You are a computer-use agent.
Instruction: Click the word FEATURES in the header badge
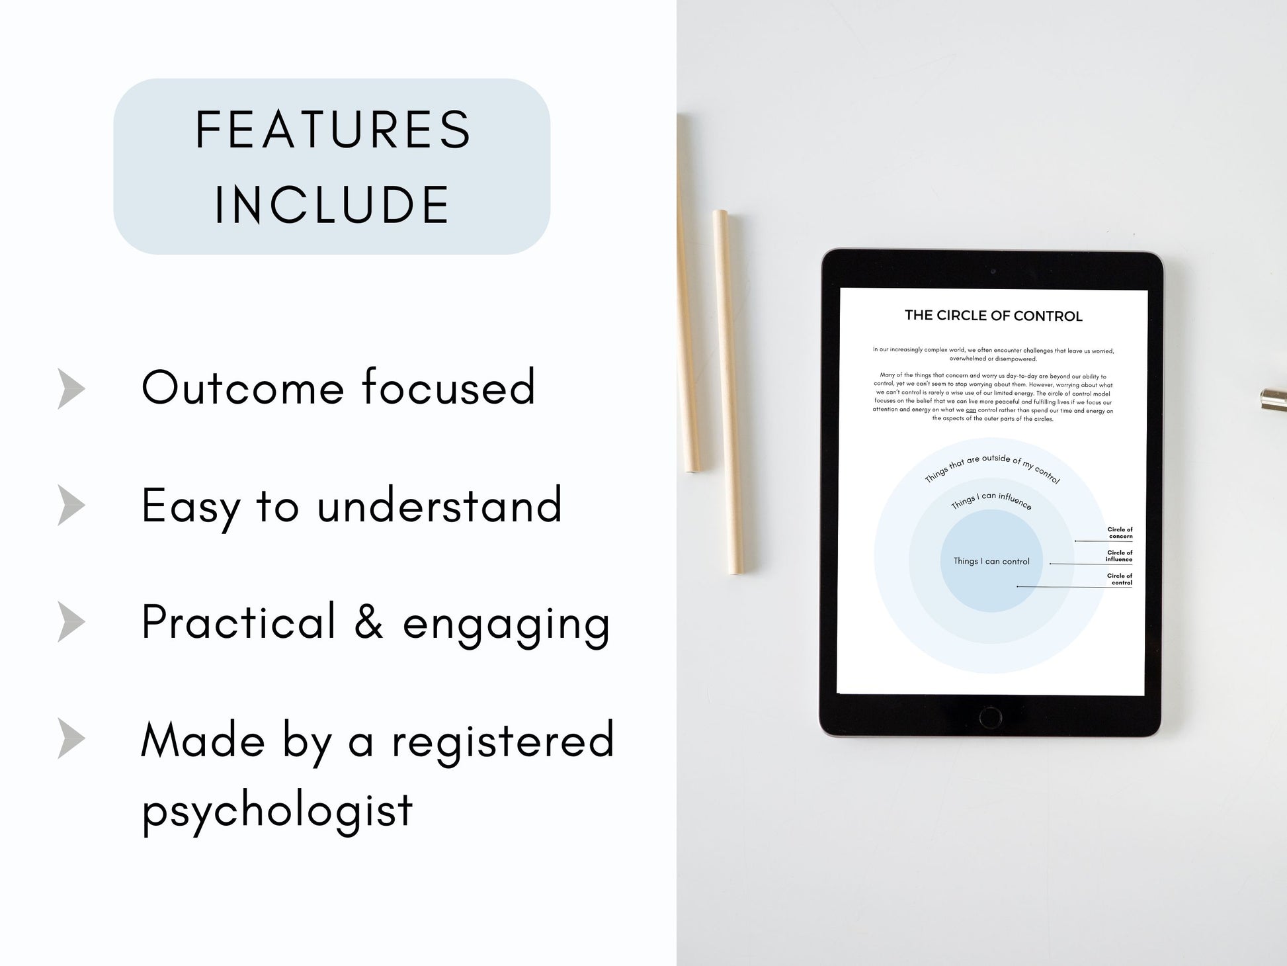click(x=333, y=130)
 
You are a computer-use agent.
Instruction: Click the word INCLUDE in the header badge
click(x=333, y=204)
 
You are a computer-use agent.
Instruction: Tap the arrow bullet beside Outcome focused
click(x=71, y=388)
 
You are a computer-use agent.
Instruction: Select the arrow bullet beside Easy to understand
click(x=71, y=505)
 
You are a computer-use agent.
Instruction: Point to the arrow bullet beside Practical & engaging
click(x=71, y=622)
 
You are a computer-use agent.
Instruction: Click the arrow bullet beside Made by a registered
click(x=71, y=738)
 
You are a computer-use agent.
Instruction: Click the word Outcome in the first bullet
click(x=242, y=388)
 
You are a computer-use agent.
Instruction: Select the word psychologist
click(x=278, y=809)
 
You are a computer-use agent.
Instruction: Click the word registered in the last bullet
click(x=503, y=741)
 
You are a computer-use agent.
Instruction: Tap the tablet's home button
click(x=990, y=717)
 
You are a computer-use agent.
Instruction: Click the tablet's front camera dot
click(x=993, y=272)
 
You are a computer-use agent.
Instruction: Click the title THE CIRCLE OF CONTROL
click(x=993, y=316)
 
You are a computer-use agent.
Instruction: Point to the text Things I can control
click(x=991, y=562)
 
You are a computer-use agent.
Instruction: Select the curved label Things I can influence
click(x=991, y=501)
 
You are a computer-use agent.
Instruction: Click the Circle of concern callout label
click(x=1120, y=533)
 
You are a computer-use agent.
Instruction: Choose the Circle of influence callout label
click(x=1119, y=556)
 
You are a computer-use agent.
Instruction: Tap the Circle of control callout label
click(x=1120, y=579)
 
